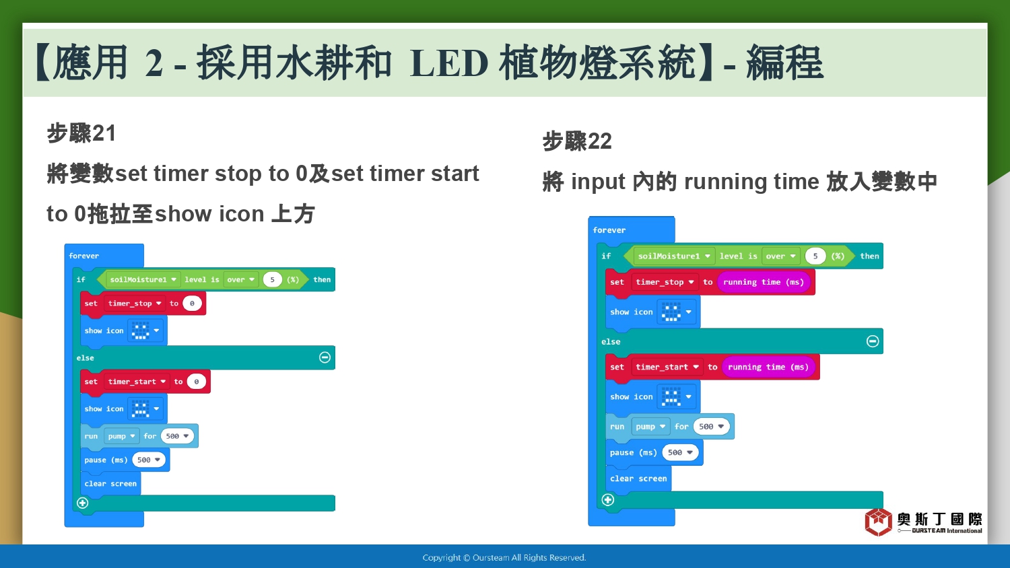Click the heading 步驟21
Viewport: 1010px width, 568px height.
[x=81, y=133]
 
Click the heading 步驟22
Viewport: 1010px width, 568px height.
[x=576, y=141]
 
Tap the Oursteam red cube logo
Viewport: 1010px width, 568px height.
[x=878, y=522]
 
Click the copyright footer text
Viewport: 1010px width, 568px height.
[x=504, y=558]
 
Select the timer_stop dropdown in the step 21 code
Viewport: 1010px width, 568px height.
[x=135, y=304]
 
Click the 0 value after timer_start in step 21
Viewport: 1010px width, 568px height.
[x=196, y=382]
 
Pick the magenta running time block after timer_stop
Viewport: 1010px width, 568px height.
[x=764, y=282]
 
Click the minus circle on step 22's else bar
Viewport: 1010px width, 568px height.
[x=873, y=341]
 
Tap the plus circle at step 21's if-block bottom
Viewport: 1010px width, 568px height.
[x=83, y=503]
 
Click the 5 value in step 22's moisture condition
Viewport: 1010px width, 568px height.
[x=815, y=256]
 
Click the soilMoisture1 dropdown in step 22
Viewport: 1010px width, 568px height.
[x=673, y=256]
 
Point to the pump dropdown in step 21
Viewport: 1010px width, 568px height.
[x=121, y=436]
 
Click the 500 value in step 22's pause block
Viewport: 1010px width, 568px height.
[x=680, y=453]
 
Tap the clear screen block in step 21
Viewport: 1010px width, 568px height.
[x=110, y=484]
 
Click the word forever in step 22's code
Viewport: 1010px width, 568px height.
[x=609, y=230]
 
